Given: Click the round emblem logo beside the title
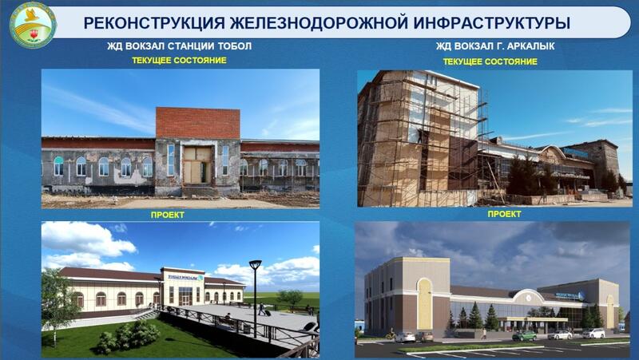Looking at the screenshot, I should [33, 25].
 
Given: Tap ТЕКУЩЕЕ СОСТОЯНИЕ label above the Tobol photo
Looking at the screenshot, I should [179, 60].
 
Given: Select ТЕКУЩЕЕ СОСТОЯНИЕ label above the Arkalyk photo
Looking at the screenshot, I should [490, 61].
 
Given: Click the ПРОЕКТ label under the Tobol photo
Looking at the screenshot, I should [167, 215].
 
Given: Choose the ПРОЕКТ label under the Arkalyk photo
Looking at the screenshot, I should [504, 214].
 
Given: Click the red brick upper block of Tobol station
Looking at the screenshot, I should [197, 123].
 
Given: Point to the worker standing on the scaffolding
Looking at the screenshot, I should [419, 136].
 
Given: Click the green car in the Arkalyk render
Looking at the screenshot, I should [524, 335].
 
